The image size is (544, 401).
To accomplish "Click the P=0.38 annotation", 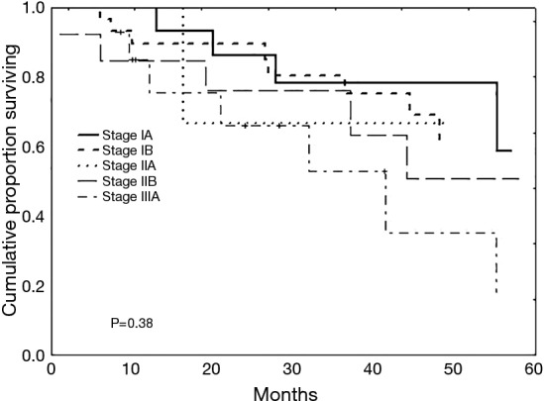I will [131, 323].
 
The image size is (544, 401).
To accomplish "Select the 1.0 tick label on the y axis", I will [33, 8].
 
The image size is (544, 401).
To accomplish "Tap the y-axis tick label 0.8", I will [33, 77].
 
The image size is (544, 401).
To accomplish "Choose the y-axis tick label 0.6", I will [33, 148].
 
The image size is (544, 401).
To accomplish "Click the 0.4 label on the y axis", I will [33, 217].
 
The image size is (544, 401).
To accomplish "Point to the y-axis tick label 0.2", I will [33, 286].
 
